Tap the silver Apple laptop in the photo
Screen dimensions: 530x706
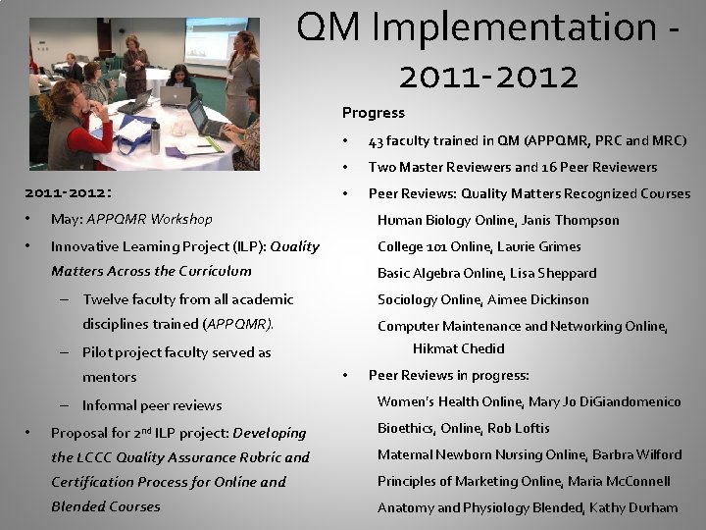177,95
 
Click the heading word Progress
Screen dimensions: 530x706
373,113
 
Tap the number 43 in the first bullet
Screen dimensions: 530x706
376,140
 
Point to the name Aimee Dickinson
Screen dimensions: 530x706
540,299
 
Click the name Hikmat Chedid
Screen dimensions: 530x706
458,348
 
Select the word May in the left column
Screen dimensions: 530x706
65,219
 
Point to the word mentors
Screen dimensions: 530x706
109,377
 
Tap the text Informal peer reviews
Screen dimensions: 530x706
152,405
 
